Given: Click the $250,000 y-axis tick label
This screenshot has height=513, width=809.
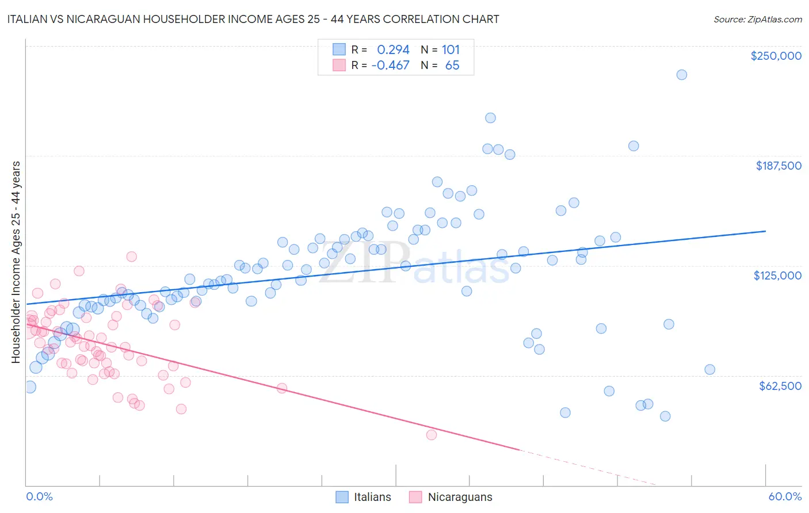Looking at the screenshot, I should coord(776,56).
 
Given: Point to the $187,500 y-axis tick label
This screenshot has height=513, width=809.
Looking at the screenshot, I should coord(778,166).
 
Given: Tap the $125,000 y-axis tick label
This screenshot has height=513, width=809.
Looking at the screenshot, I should coord(777,275).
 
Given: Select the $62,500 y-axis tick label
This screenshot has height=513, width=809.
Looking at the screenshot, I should coord(780,386).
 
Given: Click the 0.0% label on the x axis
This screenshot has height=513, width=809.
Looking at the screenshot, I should coord(39,496).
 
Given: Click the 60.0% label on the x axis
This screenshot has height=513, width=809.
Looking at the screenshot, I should coord(785,496).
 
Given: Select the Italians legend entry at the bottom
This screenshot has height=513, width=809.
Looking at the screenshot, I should coord(363,497).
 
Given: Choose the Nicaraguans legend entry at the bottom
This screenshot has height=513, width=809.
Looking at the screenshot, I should coord(451,497).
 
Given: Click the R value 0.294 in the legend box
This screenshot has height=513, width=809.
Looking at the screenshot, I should coord(393,50).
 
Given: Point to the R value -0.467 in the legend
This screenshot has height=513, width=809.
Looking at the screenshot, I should coord(390,66).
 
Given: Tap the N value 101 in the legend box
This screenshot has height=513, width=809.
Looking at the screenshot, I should coord(451,50).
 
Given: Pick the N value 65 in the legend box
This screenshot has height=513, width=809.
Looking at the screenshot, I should coord(452,66).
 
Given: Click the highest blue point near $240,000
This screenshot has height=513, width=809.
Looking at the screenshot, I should coord(681,75).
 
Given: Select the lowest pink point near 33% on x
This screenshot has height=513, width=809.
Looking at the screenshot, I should coord(431,435).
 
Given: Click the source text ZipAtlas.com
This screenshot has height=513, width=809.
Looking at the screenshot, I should coord(757,20).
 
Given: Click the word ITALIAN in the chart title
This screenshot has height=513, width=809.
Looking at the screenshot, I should coord(28,19).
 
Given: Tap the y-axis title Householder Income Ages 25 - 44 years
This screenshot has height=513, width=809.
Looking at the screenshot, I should coord(16,262).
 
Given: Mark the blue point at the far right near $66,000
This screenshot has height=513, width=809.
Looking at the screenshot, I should coord(709,369).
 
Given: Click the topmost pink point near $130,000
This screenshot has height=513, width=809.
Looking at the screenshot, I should coord(131,256).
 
